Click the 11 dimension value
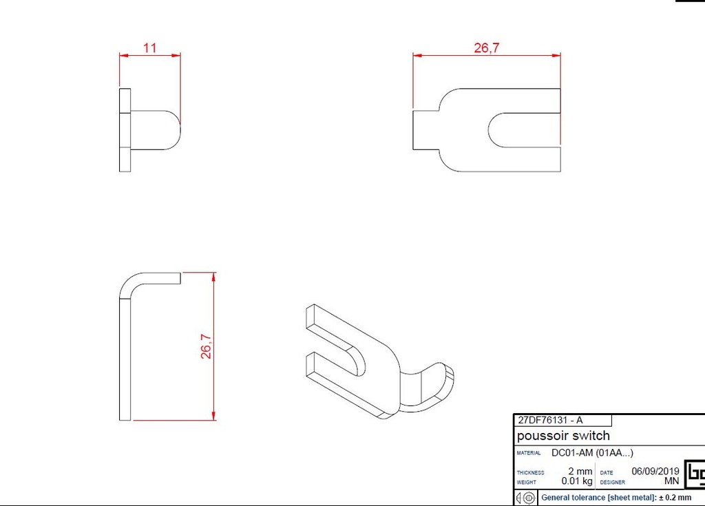(150, 48)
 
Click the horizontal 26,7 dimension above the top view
(486, 48)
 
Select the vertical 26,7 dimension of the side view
(206, 346)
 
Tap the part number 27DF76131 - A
(550, 420)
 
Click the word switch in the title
(591, 436)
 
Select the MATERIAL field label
(529, 453)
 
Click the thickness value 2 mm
(580, 472)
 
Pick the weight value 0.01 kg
(577, 481)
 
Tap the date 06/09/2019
(655, 472)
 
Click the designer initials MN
(671, 481)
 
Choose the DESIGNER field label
(612, 482)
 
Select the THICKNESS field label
(530, 472)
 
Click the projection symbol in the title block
(525, 497)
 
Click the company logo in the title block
(694, 474)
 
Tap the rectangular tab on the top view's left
(425, 129)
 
